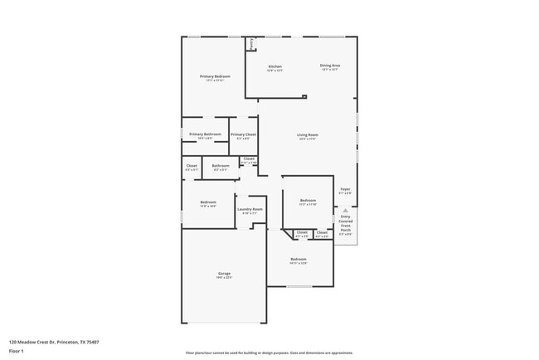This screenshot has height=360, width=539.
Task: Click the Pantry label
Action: (251, 43)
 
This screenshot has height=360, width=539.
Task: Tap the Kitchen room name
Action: (274, 66)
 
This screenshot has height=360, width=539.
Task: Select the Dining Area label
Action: (330, 66)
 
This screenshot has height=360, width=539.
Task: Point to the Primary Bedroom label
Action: (215, 76)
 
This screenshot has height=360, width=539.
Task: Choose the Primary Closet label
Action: (244, 134)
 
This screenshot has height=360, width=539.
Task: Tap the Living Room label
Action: (308, 135)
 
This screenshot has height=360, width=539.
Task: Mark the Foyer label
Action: (345, 189)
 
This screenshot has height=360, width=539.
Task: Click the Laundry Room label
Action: (250, 209)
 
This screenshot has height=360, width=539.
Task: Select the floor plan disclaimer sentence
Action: (269, 352)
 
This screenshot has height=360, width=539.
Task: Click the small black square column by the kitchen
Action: (304, 96)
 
